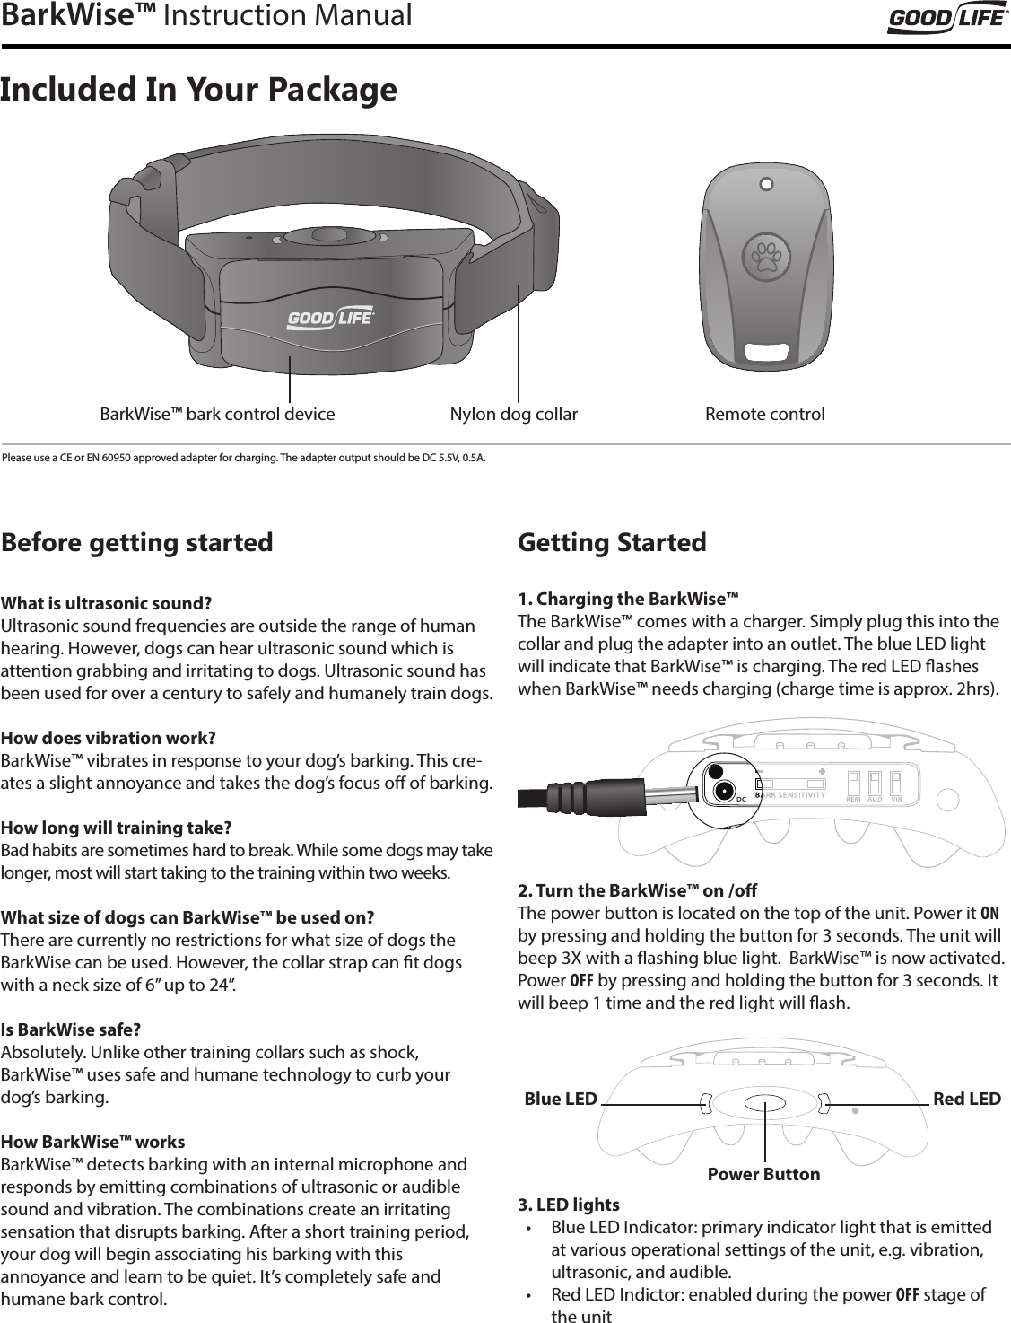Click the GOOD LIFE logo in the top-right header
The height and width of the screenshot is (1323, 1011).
946,20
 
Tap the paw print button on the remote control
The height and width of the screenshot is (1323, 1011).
765,256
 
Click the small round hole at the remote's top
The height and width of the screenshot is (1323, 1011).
765,186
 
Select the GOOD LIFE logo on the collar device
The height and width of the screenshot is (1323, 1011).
330,319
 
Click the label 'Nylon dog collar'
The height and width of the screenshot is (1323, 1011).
513,415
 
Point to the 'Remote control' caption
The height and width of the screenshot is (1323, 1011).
764,415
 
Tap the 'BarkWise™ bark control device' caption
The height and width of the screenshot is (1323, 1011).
217,415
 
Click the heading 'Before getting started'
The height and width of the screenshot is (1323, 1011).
137,543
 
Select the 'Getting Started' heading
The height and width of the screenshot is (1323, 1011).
613,543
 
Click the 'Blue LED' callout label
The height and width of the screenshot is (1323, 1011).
560,1100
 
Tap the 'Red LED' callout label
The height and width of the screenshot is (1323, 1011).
967,1100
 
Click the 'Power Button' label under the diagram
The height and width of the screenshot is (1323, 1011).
763,1174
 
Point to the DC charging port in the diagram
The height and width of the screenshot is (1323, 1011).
722,791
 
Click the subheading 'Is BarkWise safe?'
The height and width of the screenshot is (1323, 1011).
71,1029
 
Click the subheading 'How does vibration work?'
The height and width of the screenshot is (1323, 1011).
109,739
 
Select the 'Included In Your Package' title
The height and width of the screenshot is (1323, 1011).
198,90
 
